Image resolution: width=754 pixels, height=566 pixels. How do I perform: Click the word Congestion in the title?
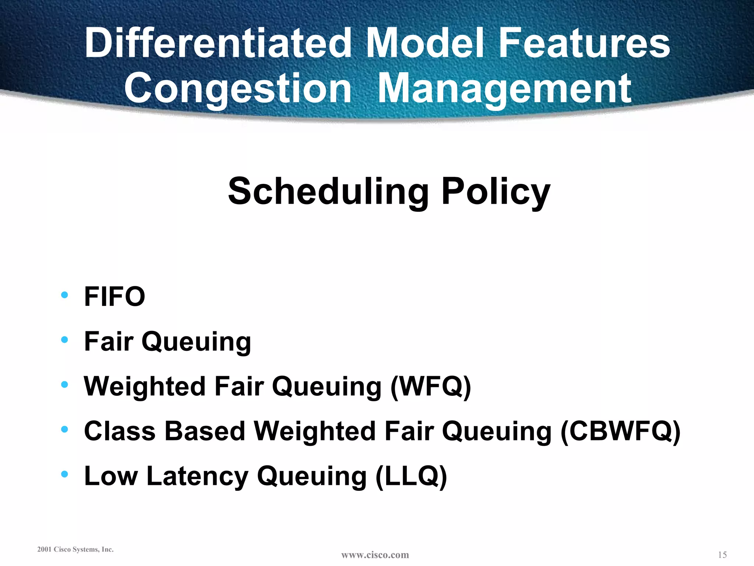click(238, 88)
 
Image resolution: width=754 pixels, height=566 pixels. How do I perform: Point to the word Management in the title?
click(505, 88)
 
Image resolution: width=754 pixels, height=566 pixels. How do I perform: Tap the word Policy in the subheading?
click(496, 192)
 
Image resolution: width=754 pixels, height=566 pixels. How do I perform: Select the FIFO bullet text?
click(114, 297)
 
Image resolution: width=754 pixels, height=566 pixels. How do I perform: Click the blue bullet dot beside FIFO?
click(65, 295)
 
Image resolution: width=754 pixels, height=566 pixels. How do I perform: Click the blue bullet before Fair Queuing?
click(65, 340)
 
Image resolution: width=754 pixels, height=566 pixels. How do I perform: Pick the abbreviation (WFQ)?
click(430, 387)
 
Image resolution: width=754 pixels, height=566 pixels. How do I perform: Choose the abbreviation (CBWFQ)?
click(620, 431)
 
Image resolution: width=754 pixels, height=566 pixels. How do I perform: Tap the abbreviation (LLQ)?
click(411, 476)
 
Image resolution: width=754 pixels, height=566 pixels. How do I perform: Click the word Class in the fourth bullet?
click(120, 431)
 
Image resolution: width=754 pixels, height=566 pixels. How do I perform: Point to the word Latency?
click(197, 476)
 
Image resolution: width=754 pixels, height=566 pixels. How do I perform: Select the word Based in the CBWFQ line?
click(205, 431)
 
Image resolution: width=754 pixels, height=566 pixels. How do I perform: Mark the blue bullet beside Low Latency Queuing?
click(65, 474)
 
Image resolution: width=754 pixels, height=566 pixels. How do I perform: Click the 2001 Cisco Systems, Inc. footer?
click(75, 549)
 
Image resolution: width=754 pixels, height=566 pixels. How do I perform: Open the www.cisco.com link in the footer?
click(375, 555)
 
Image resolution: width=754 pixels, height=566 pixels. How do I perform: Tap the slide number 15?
click(722, 555)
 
